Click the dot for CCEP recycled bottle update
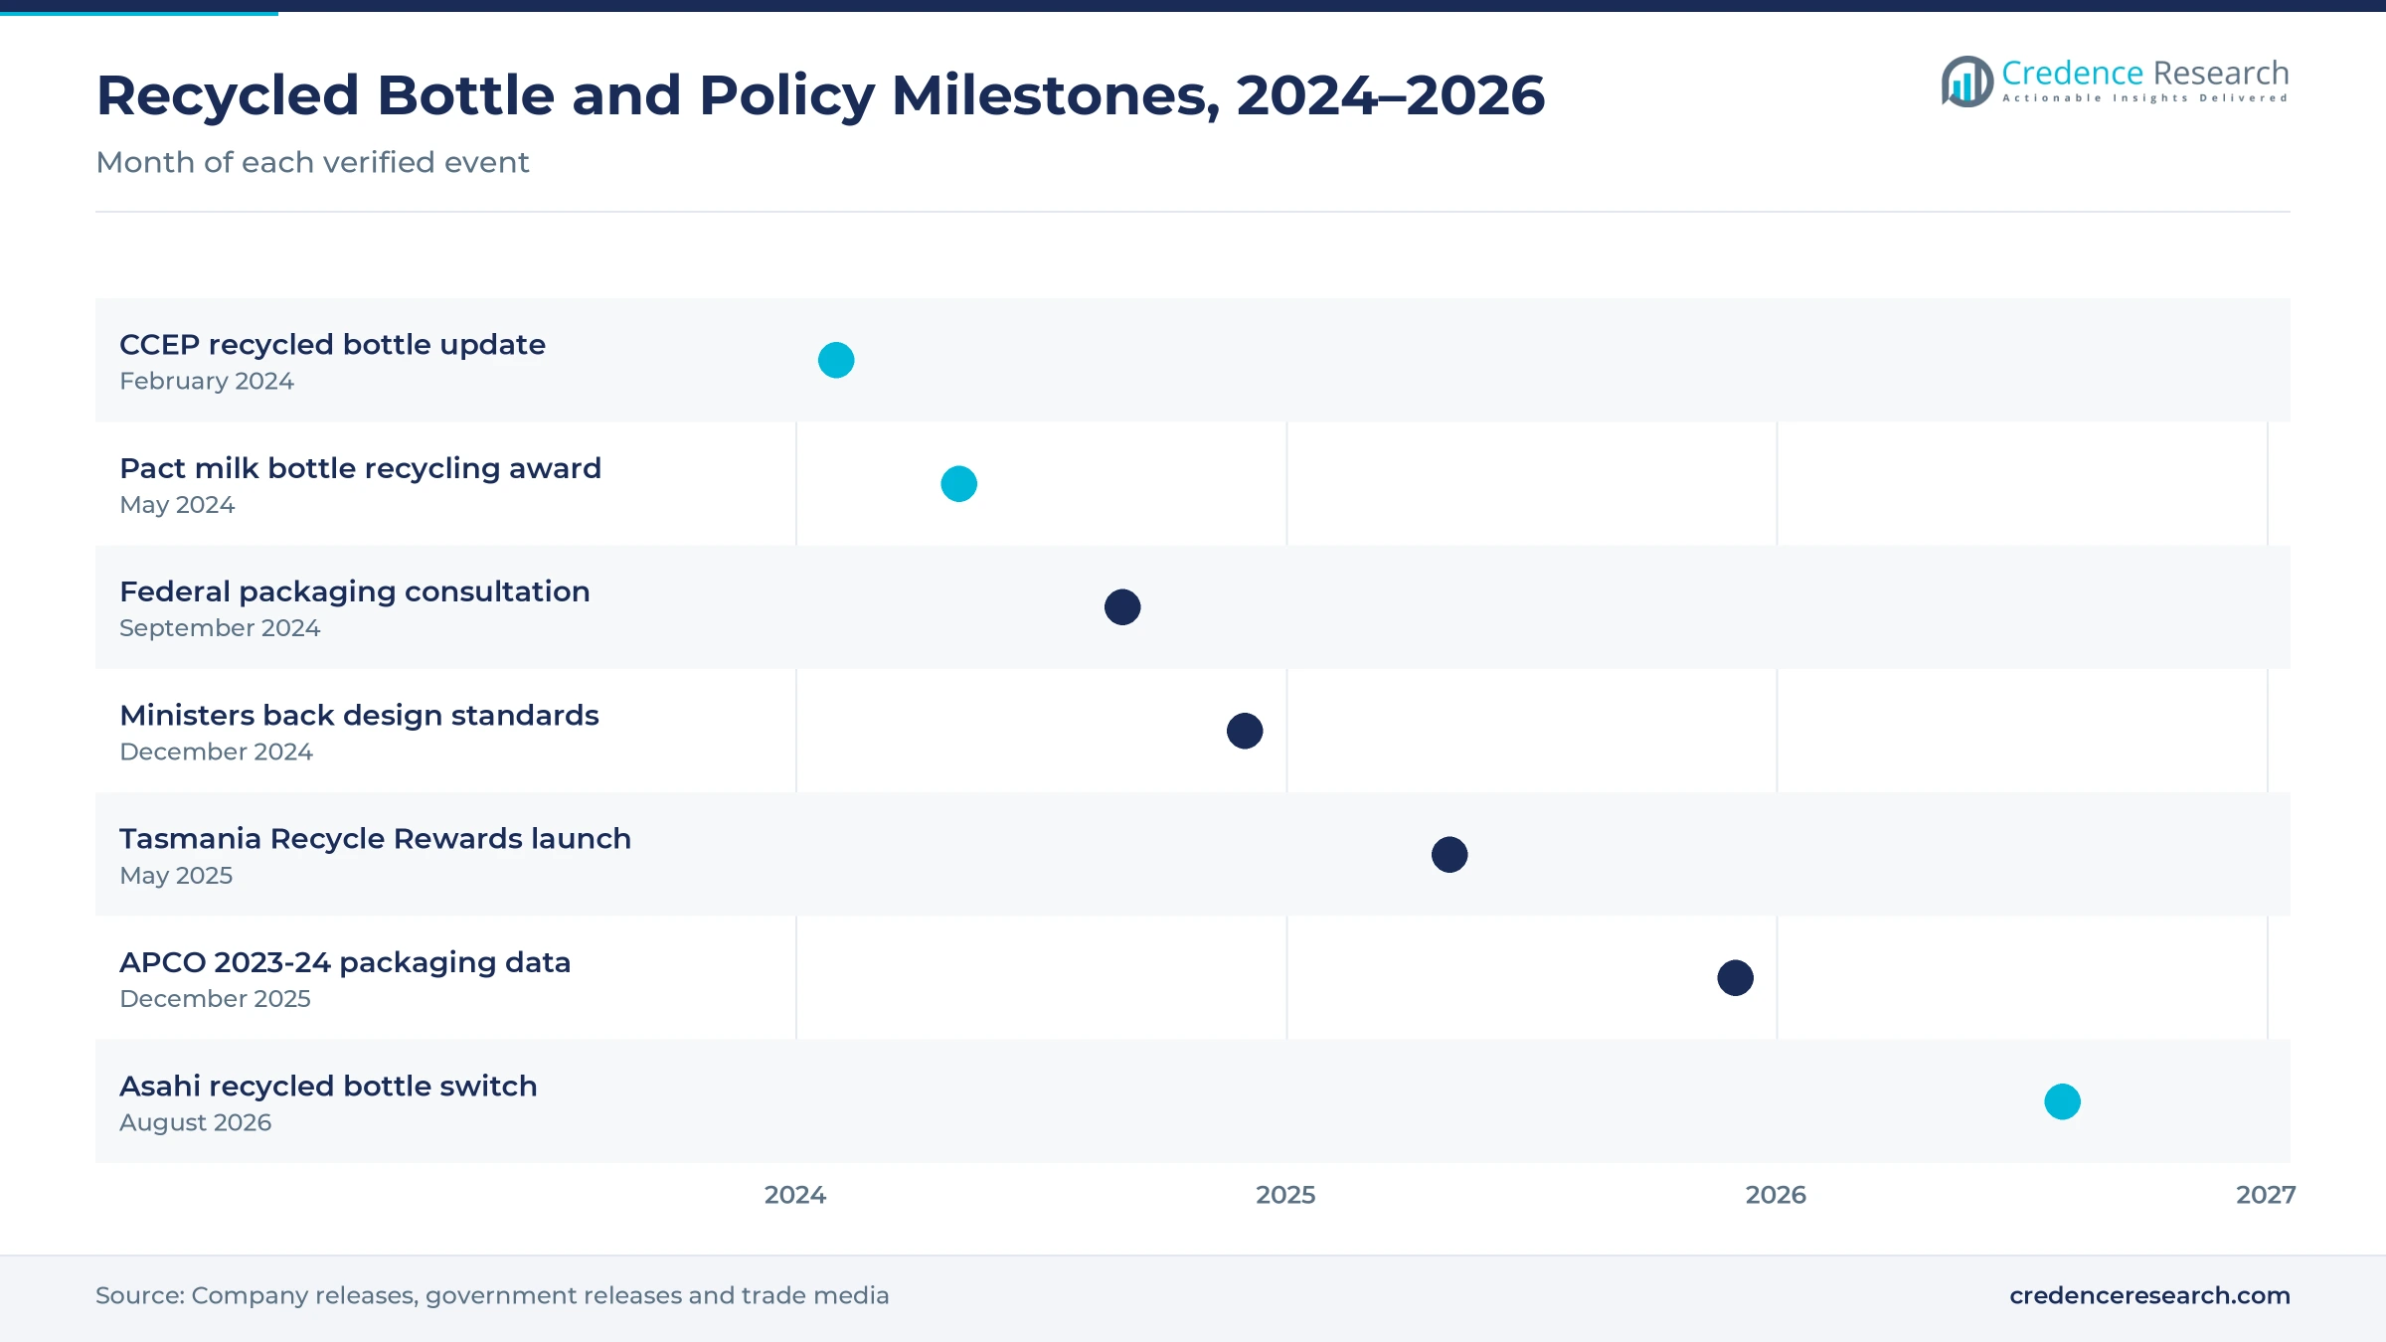[836, 360]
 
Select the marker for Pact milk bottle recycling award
[959, 484]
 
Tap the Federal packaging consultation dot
[1122, 607]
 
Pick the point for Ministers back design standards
[1245, 731]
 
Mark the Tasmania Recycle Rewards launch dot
[1449, 855]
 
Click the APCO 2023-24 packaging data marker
[1736, 978]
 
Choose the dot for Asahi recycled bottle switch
[2063, 1101]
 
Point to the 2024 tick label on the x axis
[795, 1195]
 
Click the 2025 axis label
[1285, 1195]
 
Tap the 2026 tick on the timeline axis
[1776, 1195]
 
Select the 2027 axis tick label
[2266, 1195]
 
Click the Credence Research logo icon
[1967, 82]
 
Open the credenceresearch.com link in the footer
[2149, 1295]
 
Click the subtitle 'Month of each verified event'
[312, 162]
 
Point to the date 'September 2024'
[220, 628]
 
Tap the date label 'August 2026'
[195, 1122]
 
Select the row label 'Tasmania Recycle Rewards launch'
[375, 839]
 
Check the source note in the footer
[492, 1295]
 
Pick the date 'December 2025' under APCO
[215, 999]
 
